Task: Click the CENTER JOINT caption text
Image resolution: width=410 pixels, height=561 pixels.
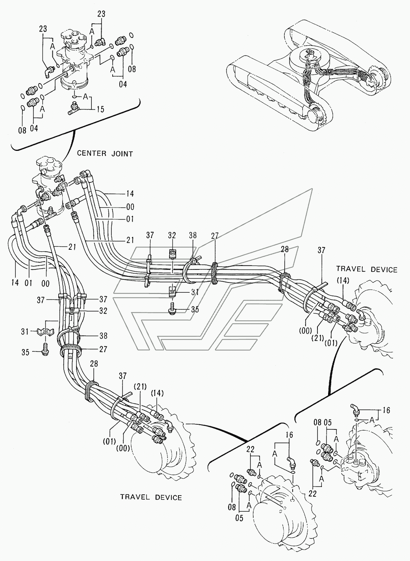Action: [105, 153]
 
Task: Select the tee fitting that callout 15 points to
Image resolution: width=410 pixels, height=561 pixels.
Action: [75, 108]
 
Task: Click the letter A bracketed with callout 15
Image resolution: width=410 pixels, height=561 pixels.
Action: [85, 96]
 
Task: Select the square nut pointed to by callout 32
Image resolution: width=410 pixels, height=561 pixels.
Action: [172, 254]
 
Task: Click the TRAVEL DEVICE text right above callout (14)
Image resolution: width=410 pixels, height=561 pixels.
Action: [367, 269]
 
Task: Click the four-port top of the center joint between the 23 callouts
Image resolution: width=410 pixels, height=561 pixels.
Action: [74, 36]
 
